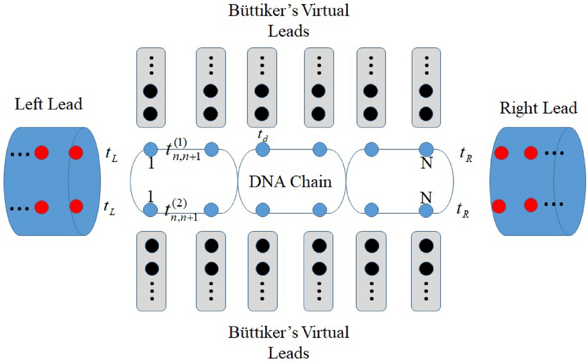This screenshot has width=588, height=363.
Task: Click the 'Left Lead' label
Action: point(49,104)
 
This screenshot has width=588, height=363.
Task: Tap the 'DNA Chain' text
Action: point(291,181)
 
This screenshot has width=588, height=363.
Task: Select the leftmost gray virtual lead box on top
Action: point(151,88)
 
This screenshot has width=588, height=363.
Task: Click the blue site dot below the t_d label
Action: point(263,149)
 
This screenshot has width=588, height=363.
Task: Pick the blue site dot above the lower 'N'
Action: point(427,210)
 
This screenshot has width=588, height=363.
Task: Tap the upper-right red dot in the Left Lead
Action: point(77,152)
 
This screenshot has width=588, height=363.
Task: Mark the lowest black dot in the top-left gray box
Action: point(151,112)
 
